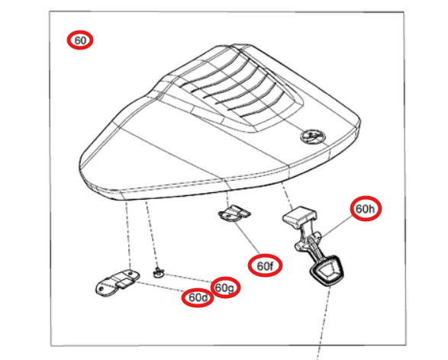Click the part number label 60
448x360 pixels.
click(79, 40)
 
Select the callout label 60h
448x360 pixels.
click(366, 208)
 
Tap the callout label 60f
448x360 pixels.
click(265, 265)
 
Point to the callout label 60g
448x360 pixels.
click(224, 287)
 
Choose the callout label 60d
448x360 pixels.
click(198, 297)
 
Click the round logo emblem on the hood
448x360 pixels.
click(311, 137)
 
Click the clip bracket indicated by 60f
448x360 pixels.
click(233, 214)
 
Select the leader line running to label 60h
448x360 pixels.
click(337, 226)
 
